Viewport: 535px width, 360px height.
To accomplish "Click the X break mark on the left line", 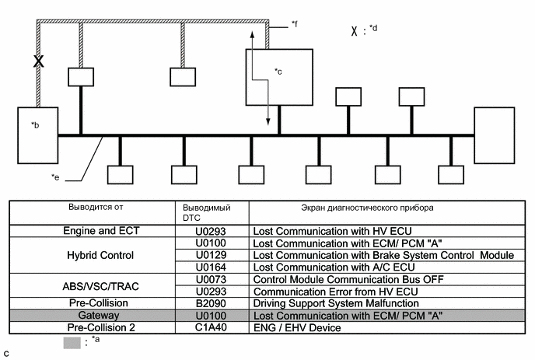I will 37,61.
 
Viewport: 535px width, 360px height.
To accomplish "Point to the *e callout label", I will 55,178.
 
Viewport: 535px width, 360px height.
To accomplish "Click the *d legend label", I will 374,30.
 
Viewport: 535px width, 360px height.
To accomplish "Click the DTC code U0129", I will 197,255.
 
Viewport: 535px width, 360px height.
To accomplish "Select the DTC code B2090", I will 197,303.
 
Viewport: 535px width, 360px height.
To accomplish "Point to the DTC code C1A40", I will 197,328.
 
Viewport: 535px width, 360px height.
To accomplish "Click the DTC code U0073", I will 197,279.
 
